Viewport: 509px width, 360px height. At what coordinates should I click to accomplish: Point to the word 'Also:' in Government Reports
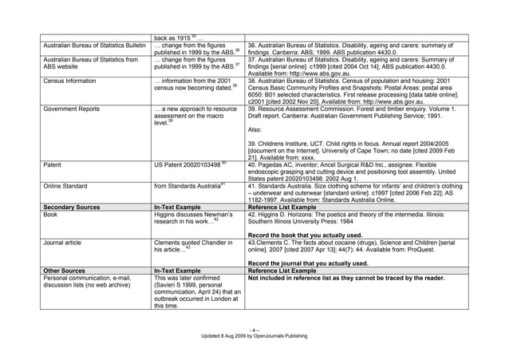(255, 129)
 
